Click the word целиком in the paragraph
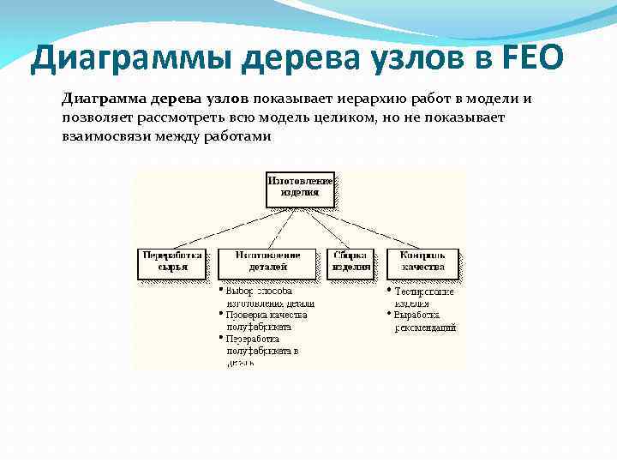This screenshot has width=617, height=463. (x=333, y=117)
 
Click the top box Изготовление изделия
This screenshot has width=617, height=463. (x=300, y=188)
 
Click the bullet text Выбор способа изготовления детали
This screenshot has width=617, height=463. (x=268, y=298)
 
